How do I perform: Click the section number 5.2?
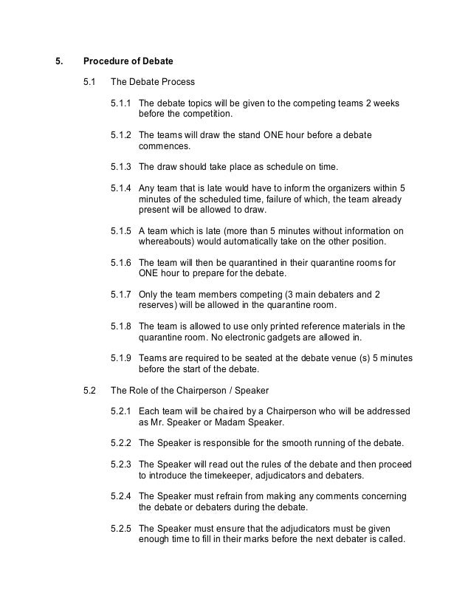click(89, 389)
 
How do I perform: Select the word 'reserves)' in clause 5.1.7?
click(159, 305)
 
